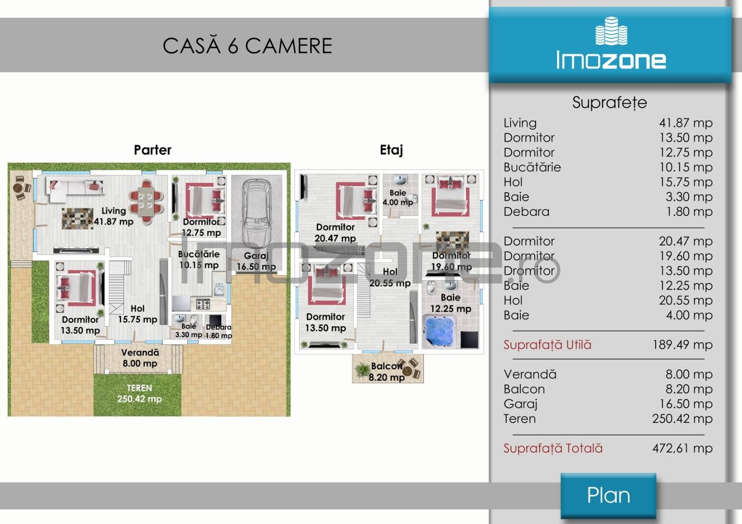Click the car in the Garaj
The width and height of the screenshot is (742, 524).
(x=257, y=213)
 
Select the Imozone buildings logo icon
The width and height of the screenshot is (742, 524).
(x=611, y=31)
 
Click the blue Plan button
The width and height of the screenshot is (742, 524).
(x=608, y=495)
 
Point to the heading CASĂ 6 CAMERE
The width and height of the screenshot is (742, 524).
(x=248, y=46)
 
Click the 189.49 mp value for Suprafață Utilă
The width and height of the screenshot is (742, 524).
(x=682, y=345)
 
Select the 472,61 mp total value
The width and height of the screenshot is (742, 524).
(x=682, y=448)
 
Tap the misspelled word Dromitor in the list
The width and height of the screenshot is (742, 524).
(x=529, y=271)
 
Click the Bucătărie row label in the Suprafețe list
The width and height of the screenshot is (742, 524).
(x=532, y=167)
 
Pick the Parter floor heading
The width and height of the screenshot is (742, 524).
(x=152, y=150)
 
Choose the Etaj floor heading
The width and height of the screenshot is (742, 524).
(x=391, y=150)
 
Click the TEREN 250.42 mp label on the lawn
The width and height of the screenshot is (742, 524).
(x=139, y=393)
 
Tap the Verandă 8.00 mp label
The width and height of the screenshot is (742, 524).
(x=140, y=358)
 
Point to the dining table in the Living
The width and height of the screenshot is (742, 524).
(x=146, y=201)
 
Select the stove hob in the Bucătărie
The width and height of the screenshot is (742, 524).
(x=203, y=304)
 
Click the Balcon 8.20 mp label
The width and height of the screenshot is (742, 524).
(x=387, y=372)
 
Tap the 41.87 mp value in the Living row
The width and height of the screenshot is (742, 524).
(x=686, y=123)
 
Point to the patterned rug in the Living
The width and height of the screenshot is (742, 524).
(x=78, y=218)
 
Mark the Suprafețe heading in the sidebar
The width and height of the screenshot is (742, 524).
(x=609, y=102)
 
